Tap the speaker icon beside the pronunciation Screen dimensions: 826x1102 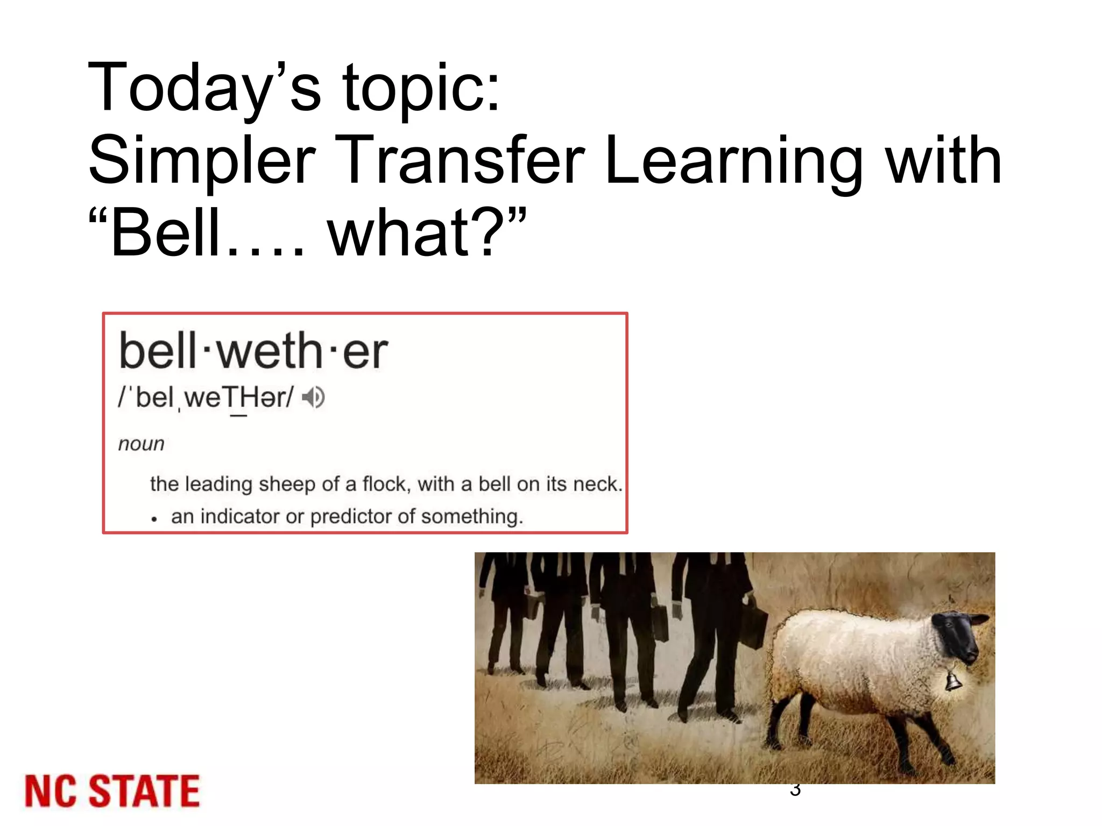pyautogui.click(x=313, y=398)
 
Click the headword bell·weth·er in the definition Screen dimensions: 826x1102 pyautogui.click(x=253, y=351)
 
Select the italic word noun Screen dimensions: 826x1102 pyautogui.click(x=141, y=444)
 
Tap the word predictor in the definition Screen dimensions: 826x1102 pyautogui.click(x=351, y=517)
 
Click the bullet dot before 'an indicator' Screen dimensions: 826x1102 pyautogui.click(x=154, y=519)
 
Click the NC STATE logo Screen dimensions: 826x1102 pyautogui.click(x=112, y=791)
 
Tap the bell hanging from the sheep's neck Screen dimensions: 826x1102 pyautogui.click(x=953, y=680)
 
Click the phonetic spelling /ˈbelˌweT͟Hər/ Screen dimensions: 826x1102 pyautogui.click(x=206, y=398)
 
